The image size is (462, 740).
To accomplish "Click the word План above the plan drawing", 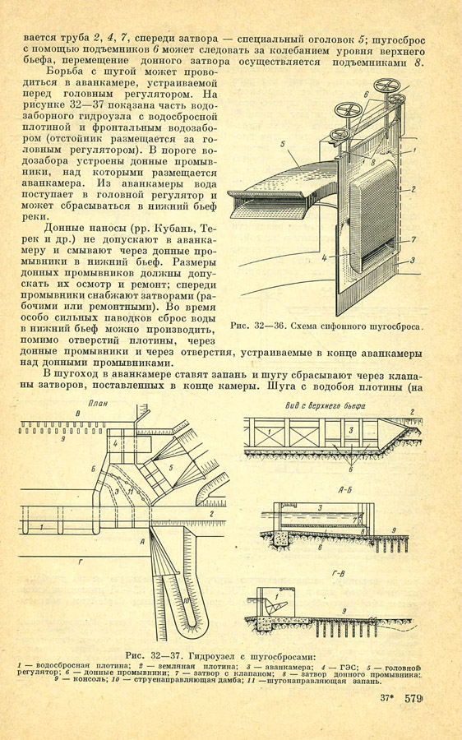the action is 98,404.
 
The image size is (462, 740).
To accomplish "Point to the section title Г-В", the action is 338,574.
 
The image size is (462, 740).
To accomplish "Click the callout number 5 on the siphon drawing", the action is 282,144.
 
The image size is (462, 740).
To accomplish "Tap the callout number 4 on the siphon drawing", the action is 325,258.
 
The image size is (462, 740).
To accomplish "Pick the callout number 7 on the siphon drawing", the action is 413,240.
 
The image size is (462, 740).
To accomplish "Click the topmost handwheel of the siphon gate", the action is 386,86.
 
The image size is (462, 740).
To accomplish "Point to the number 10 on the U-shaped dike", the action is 186,601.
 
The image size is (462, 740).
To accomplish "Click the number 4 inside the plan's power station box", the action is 115,444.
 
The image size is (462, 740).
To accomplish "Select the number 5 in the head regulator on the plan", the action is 170,467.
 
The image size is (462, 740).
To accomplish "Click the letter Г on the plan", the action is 81,562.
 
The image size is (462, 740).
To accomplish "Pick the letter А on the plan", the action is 142,543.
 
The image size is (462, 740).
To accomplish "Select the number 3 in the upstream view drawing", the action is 350,430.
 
